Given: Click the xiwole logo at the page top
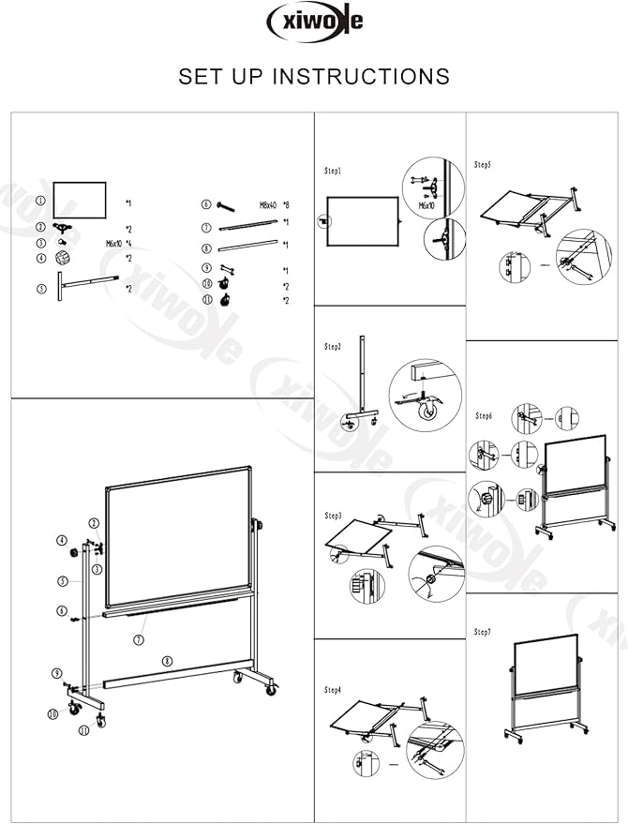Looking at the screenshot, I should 314,21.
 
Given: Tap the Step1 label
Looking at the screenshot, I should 333,172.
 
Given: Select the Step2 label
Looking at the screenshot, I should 333,347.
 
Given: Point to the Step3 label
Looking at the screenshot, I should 333,516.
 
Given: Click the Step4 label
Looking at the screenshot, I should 333,690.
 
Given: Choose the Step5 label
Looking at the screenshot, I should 483,165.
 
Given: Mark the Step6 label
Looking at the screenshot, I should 484,415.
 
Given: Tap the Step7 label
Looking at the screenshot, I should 483,632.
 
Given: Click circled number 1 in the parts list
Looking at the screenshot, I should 40,201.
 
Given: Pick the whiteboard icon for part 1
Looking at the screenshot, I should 80,201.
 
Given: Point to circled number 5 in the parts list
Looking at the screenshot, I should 40,289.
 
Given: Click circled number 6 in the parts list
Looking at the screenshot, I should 206,203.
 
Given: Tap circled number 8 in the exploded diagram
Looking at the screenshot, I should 167,660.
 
